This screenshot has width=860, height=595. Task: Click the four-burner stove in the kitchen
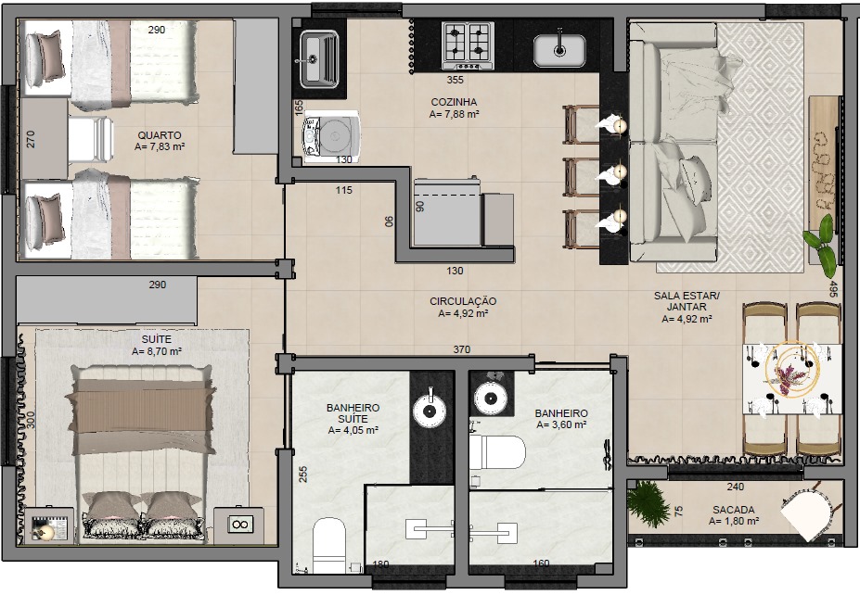468,46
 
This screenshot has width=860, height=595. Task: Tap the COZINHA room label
454,102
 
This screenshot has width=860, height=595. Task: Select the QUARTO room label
159,134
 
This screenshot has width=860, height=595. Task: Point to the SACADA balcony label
733,510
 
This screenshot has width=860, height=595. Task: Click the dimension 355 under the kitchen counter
455,80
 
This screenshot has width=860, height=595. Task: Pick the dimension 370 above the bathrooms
461,349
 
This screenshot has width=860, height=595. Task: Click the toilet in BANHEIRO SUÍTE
329,545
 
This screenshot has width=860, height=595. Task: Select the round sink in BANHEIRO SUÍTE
430,409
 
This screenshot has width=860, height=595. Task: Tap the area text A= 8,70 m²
156,351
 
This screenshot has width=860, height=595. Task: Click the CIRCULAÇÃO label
463,301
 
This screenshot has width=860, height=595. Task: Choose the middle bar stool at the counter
582,176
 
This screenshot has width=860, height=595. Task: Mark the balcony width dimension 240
736,487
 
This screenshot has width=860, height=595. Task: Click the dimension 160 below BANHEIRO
541,563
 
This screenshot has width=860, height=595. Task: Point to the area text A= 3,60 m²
561,424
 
